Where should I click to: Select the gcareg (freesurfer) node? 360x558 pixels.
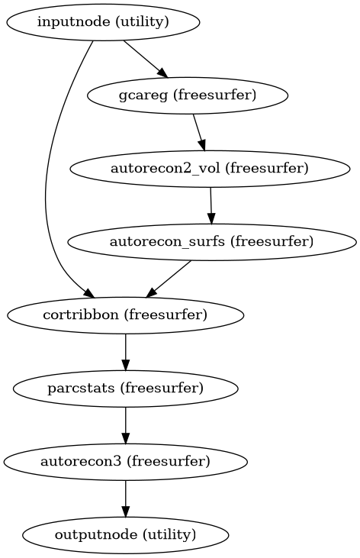tap(188, 96)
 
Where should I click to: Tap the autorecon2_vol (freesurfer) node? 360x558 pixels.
tap(210, 169)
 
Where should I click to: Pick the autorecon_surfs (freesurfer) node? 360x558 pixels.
tap(213, 242)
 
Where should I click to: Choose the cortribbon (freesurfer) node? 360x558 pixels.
tap(125, 314)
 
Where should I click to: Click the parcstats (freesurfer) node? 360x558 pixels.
tap(125, 388)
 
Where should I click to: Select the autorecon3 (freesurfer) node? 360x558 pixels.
tap(125, 461)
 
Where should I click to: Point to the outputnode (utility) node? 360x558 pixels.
tap(125, 534)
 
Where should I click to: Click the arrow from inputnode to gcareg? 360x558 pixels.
tap(145, 59)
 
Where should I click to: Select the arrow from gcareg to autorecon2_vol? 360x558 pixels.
tap(199, 132)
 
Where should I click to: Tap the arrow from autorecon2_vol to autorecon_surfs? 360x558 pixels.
tap(211, 205)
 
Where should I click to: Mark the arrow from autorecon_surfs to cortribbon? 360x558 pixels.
tap(169, 278)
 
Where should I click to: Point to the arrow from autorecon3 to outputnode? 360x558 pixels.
tap(125, 498)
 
